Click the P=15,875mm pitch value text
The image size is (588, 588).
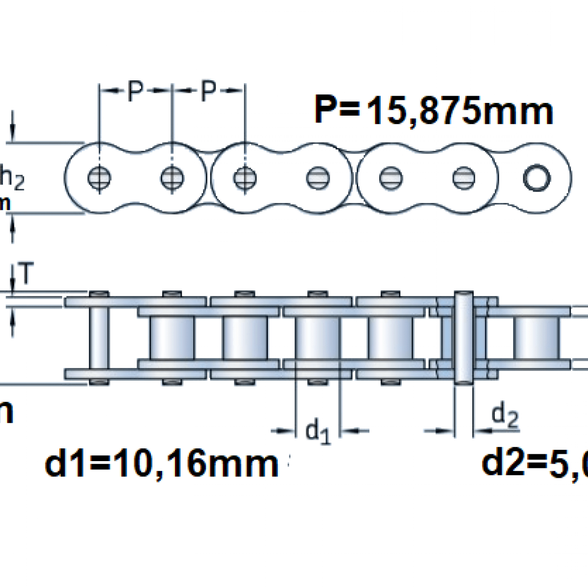(x=434, y=111)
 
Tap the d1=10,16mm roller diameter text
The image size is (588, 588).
(x=162, y=464)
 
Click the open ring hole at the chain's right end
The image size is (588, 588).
(x=537, y=178)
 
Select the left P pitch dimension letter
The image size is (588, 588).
(x=136, y=91)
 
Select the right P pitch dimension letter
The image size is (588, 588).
(x=209, y=91)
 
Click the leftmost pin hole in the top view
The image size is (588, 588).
(x=99, y=178)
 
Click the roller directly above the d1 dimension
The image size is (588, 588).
(x=318, y=337)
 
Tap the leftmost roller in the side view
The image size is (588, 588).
(x=172, y=337)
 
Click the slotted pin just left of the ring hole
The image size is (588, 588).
(x=464, y=178)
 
